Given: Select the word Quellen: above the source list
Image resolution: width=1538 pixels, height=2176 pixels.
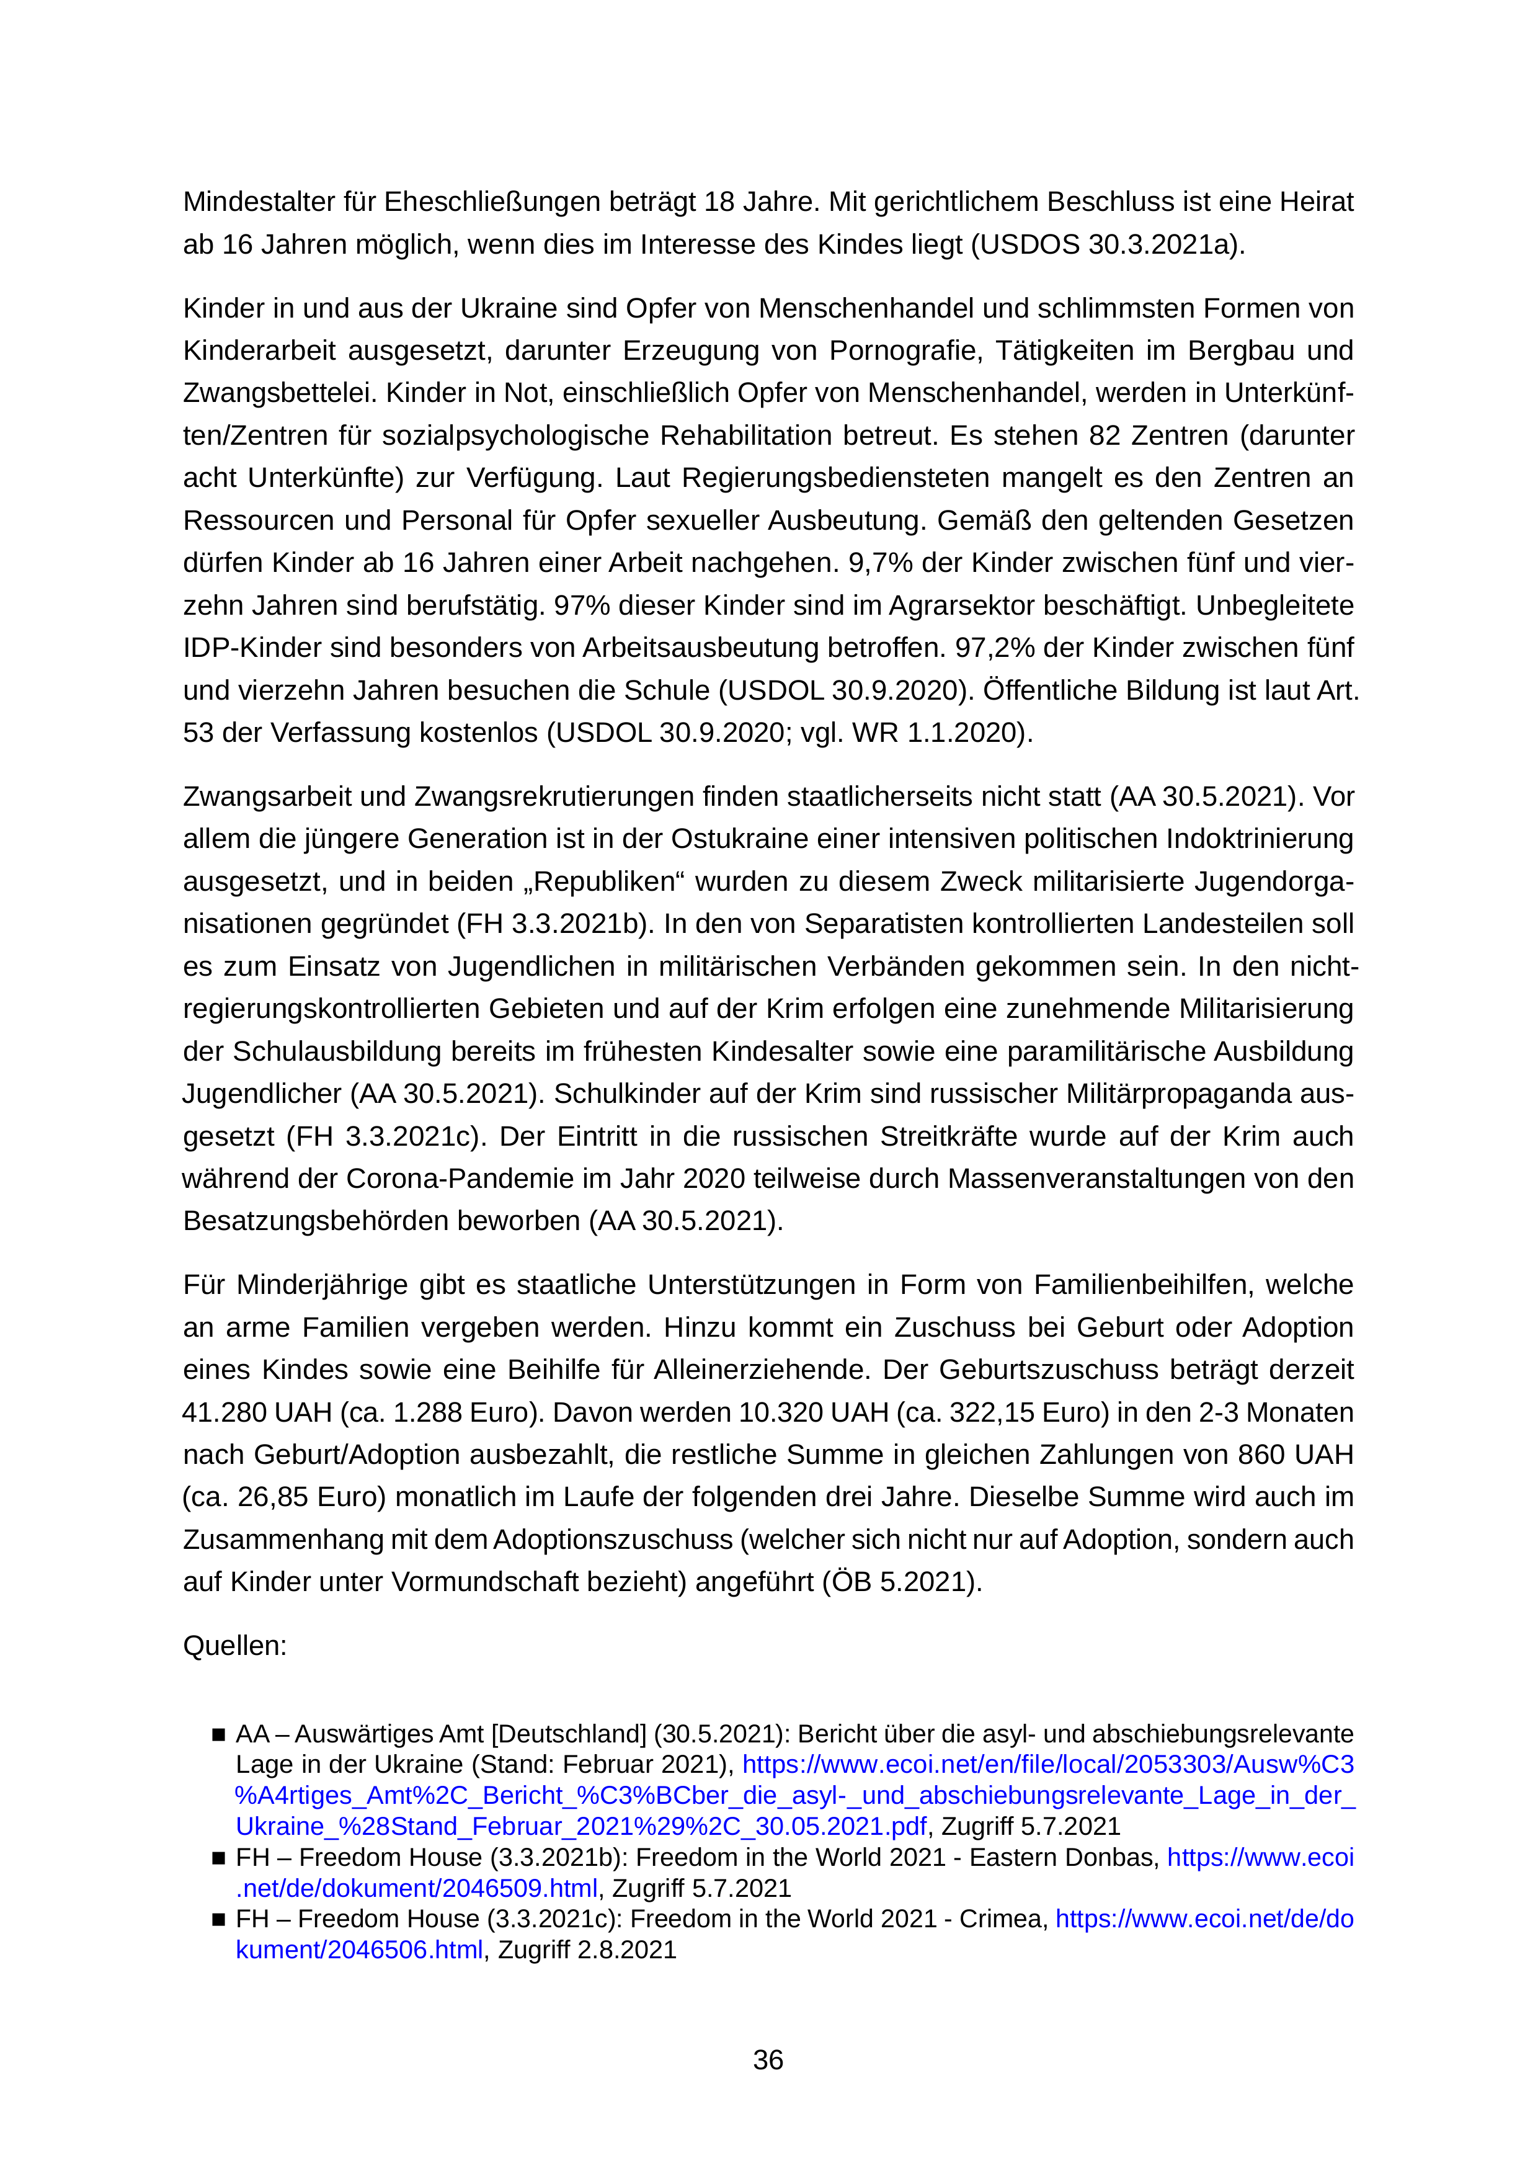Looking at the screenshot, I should (234, 1645).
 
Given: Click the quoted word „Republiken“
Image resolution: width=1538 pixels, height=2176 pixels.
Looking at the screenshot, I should (601, 881).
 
